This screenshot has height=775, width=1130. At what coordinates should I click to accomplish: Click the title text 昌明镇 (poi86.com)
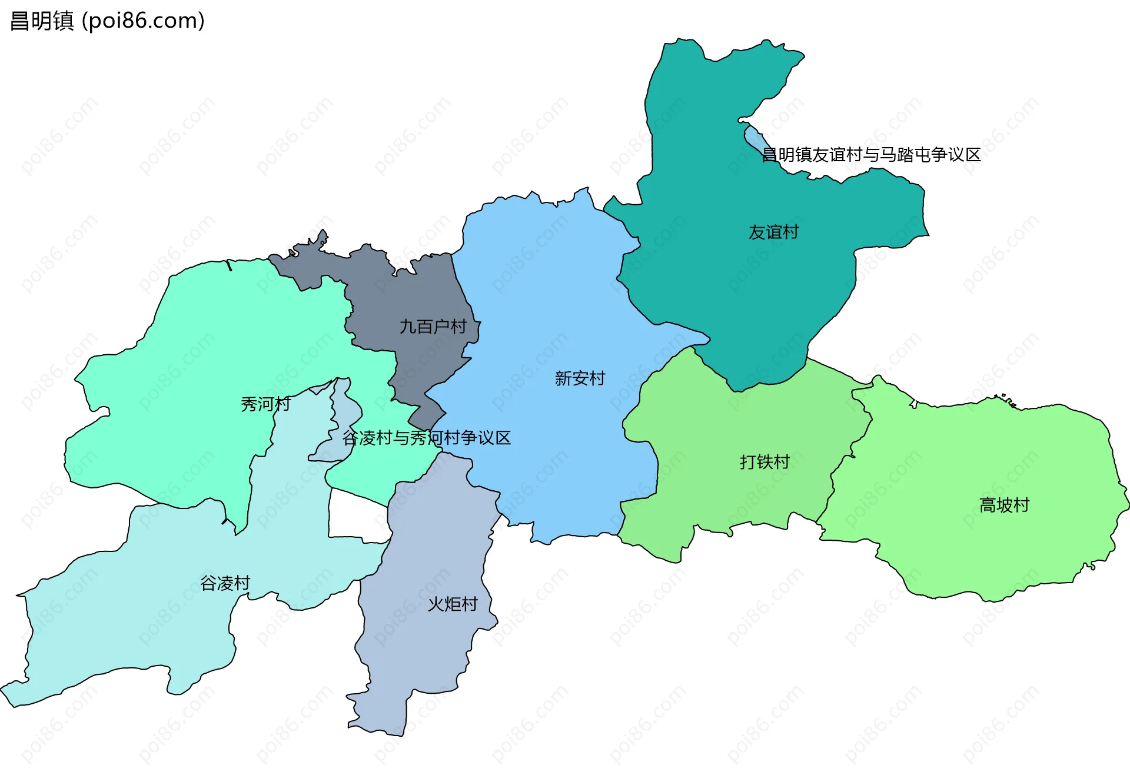108,21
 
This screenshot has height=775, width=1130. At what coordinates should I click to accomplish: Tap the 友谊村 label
773,232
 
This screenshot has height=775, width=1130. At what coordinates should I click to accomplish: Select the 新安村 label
580,378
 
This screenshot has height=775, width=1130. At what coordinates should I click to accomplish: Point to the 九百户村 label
433,327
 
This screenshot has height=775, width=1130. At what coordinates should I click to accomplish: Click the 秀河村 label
265,404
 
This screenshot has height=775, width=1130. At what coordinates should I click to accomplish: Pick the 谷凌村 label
225,583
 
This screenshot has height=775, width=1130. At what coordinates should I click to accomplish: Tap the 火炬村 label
452,604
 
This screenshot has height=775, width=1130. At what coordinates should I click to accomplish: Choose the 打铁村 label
764,462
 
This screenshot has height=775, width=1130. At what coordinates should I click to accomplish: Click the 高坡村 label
1004,505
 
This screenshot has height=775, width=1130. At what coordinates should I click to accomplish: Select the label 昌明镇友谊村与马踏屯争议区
871,155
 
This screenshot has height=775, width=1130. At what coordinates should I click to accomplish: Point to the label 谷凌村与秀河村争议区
427,438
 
